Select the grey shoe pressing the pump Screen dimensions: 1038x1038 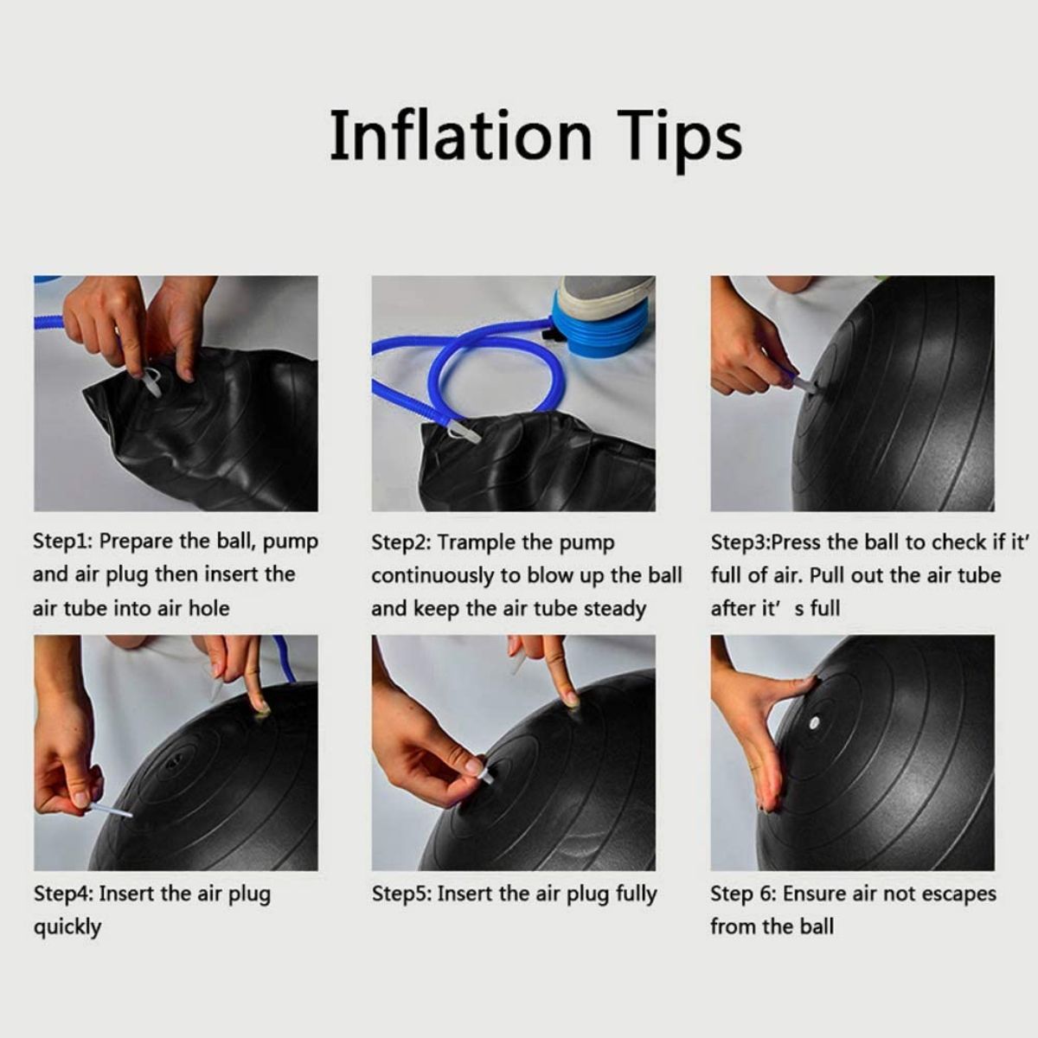point(607,300)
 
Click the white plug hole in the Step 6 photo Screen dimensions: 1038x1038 point(814,721)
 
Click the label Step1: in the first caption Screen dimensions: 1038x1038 point(63,541)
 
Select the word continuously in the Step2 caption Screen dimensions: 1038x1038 point(432,576)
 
